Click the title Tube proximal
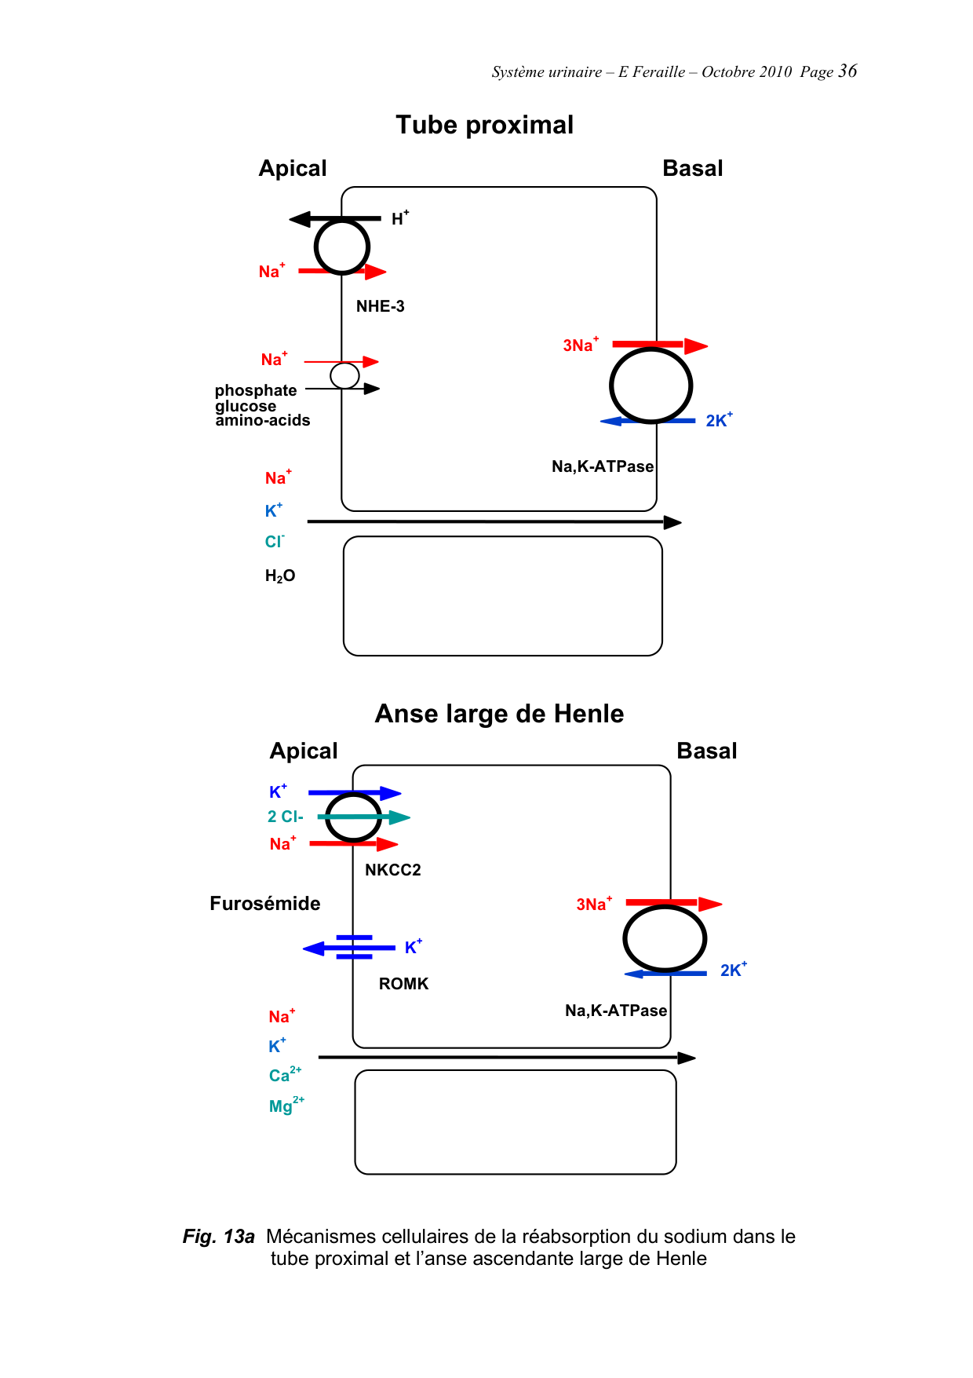[x=484, y=125]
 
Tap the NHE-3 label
[x=380, y=306]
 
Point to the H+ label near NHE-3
[x=399, y=219]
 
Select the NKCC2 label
[x=392, y=870]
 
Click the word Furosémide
[x=264, y=904]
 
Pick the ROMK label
[x=403, y=984]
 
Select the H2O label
[x=280, y=576]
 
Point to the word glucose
[x=246, y=406]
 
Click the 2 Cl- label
[x=285, y=817]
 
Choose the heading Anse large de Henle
[x=499, y=714]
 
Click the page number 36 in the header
[x=847, y=71]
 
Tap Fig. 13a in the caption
[x=218, y=1237]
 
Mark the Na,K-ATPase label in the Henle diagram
[x=616, y=1011]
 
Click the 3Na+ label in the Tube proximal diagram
[x=580, y=345]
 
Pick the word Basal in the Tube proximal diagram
[x=692, y=169]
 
